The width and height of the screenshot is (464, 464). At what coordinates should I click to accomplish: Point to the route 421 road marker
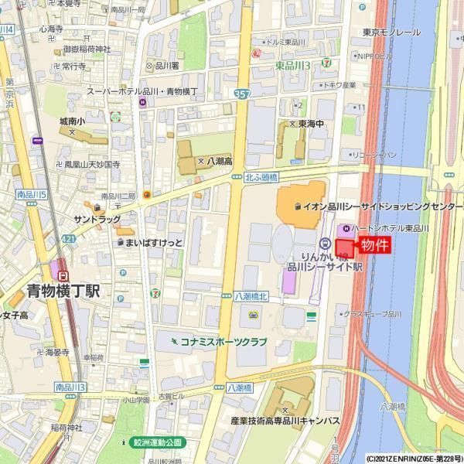pyautogui.click(x=70, y=239)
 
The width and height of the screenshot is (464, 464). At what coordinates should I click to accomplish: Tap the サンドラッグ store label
pyautogui.click(x=96, y=220)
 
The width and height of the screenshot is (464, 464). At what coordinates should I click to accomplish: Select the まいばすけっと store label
pyautogui.click(x=155, y=242)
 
